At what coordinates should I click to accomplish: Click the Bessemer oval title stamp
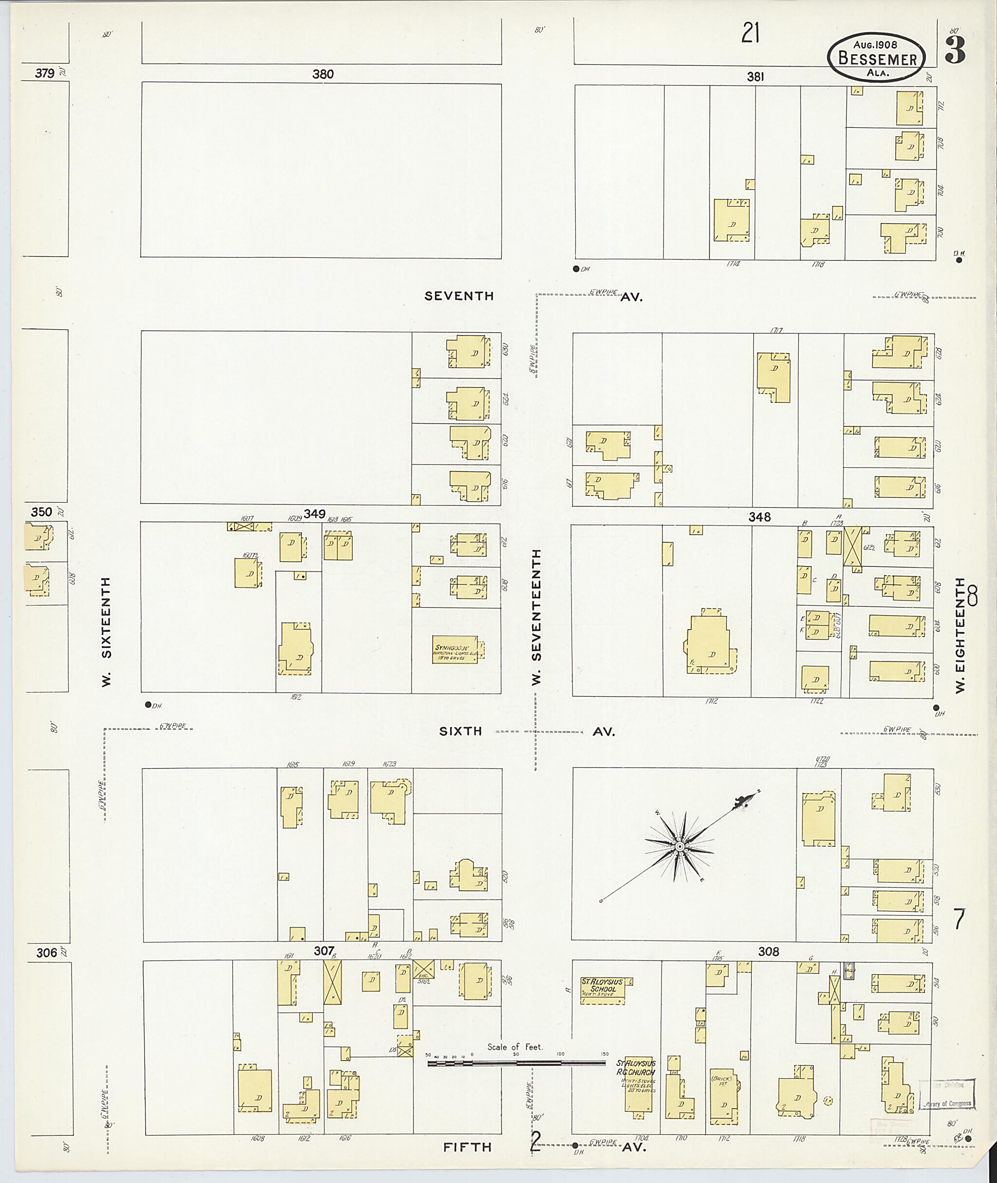click(x=877, y=57)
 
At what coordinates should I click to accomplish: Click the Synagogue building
click(x=456, y=653)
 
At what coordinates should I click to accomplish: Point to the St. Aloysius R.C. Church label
click(x=636, y=1068)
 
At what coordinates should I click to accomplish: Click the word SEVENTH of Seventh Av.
click(x=459, y=296)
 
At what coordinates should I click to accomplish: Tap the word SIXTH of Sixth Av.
click(x=461, y=731)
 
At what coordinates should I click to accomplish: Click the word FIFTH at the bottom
click(x=467, y=1147)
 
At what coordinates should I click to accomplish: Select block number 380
click(x=323, y=74)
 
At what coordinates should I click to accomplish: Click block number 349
click(x=314, y=513)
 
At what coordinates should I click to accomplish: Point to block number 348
click(x=759, y=517)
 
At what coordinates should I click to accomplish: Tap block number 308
click(x=769, y=952)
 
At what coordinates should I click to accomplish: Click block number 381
click(x=755, y=77)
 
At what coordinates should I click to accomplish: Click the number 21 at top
click(x=750, y=36)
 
